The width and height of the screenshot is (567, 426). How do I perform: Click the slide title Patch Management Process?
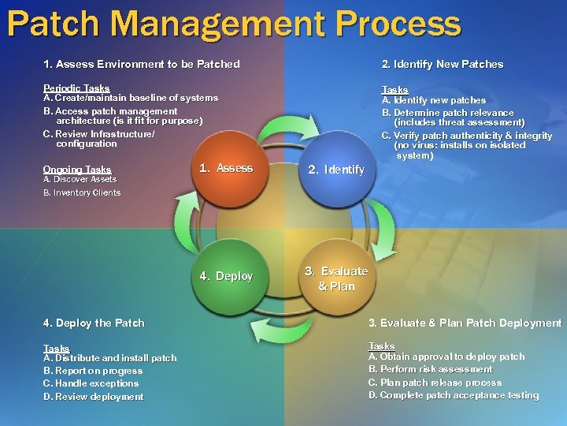point(234,24)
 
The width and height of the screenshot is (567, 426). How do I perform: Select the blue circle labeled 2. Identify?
point(336,169)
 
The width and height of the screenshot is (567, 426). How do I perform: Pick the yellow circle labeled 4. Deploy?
point(225,276)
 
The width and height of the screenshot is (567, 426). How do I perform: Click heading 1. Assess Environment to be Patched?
point(142,64)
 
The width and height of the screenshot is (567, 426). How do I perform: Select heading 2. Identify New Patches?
point(442,64)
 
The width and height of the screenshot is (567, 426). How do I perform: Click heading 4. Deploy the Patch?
point(94,323)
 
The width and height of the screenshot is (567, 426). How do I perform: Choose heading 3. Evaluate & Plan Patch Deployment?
point(465,323)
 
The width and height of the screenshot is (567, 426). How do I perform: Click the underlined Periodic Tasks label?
point(76,88)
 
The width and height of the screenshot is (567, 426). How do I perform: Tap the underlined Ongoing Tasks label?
point(77,169)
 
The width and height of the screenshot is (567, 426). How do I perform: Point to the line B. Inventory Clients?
point(82,192)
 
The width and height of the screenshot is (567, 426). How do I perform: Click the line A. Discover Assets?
point(80,179)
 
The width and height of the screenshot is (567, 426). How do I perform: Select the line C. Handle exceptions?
point(91,383)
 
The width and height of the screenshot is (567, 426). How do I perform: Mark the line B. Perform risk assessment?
point(430,369)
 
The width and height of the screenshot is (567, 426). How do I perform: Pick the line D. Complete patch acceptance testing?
point(454,395)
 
